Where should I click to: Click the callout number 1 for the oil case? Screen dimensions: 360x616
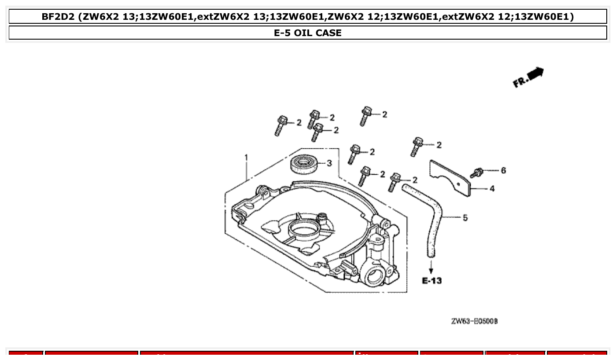coord(246,157)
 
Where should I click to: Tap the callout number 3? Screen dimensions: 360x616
coord(329,163)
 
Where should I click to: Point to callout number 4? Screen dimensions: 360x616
coord(492,189)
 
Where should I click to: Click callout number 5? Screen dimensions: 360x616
coord(465,218)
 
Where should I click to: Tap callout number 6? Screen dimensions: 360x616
coord(503,170)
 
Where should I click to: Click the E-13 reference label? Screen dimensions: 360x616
coord(432,281)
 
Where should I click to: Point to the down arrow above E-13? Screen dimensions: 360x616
coord(431,267)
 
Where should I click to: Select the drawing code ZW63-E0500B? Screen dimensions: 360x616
coord(474,321)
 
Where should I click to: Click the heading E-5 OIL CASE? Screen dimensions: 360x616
coord(308,33)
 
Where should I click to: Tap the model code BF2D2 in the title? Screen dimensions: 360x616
coord(58,17)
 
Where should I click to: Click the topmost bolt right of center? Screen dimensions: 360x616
coord(365,116)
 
